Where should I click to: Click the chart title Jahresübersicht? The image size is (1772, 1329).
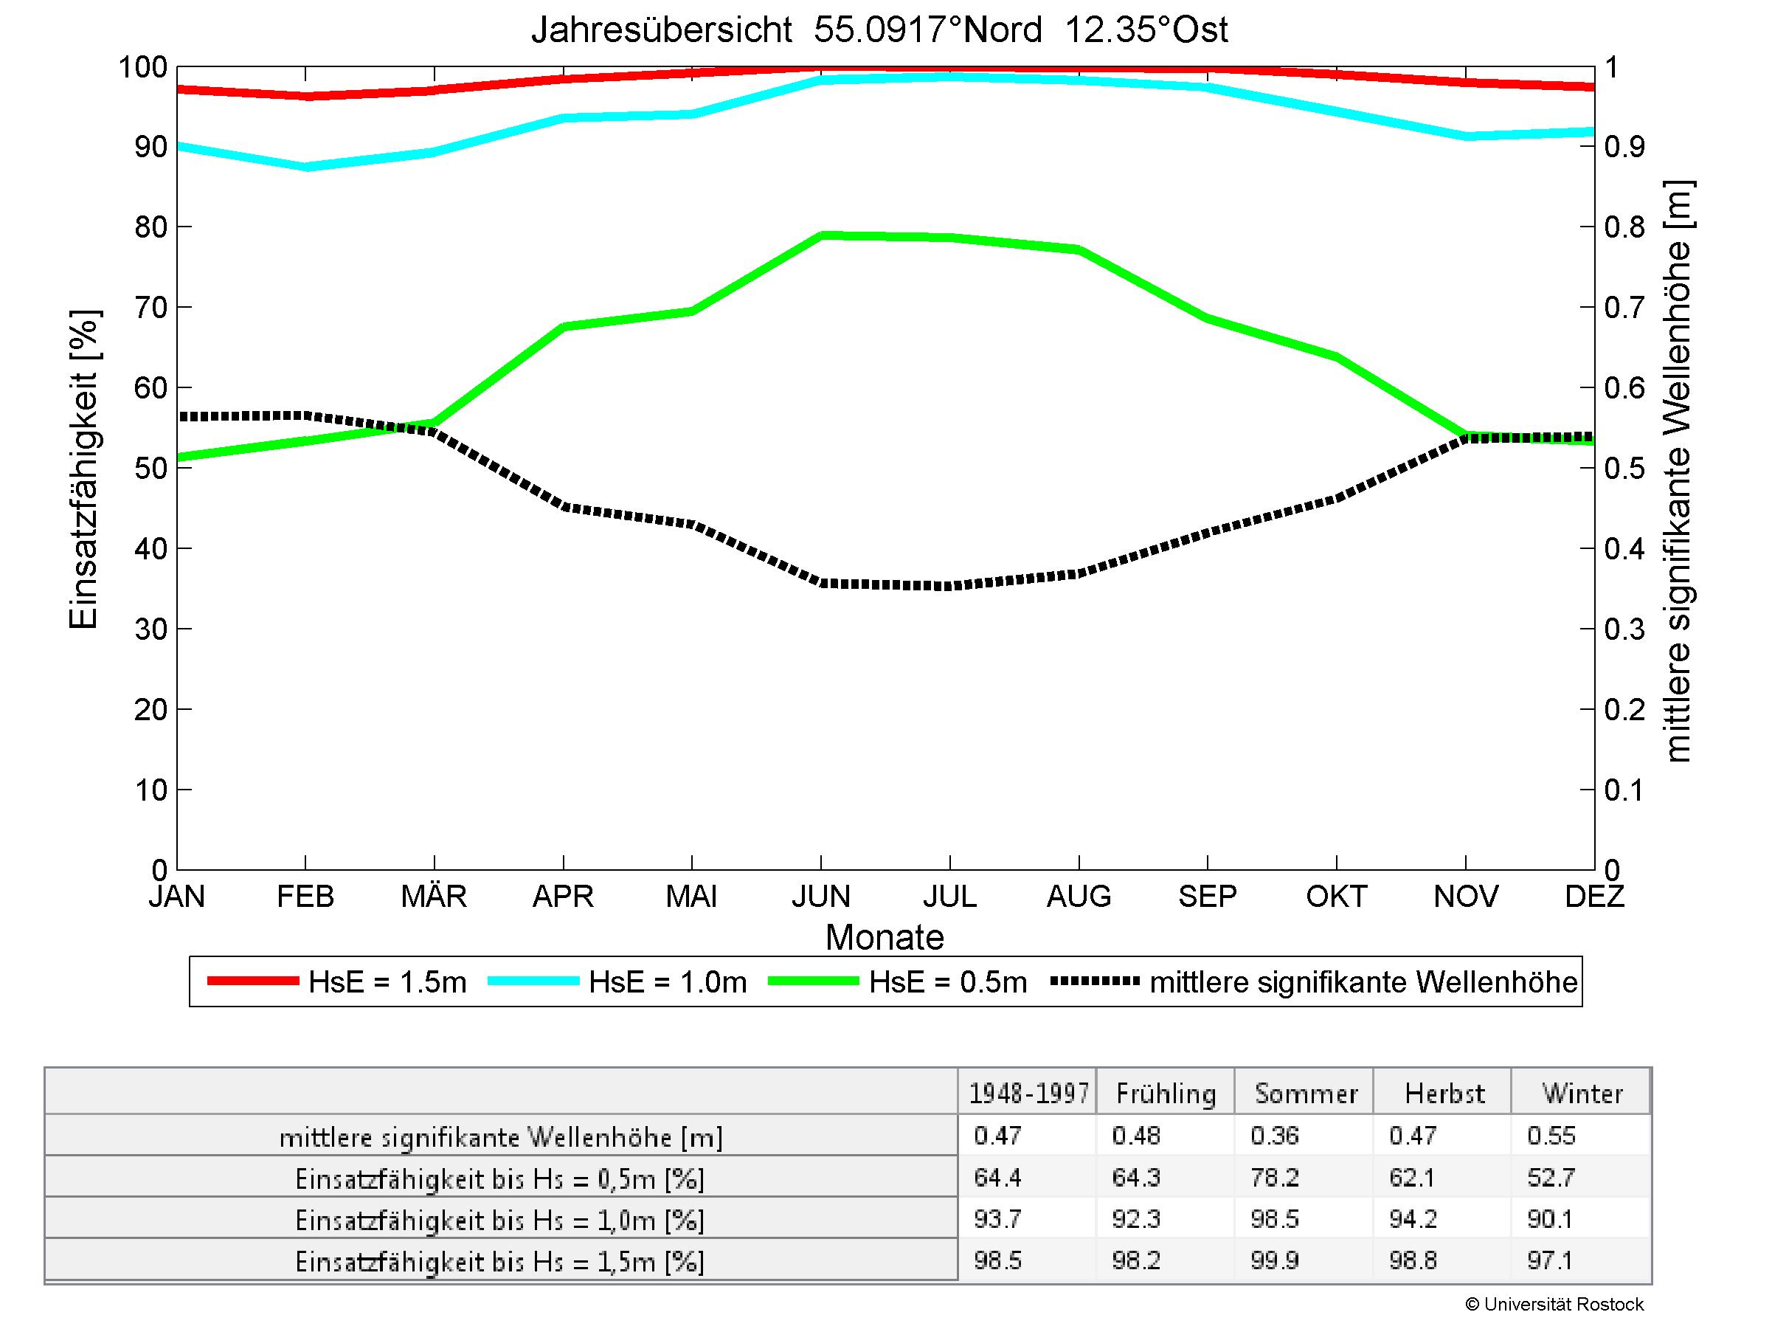[879, 30]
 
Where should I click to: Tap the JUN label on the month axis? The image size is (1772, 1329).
[820, 896]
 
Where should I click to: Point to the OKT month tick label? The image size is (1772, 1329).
[1335, 896]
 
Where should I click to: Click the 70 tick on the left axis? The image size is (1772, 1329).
[150, 308]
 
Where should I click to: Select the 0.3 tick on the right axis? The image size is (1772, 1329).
[1624, 629]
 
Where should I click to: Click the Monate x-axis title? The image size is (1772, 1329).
[885, 937]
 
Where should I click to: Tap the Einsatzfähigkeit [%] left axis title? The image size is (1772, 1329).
[83, 469]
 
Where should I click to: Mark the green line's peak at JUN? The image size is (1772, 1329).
[822, 235]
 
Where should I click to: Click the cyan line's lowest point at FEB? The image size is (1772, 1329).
[306, 167]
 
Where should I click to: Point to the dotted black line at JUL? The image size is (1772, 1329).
[950, 586]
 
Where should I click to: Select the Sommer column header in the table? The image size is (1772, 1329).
[1306, 1094]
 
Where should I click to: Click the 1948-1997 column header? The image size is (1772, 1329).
[1028, 1094]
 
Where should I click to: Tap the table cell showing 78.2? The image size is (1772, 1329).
[1274, 1178]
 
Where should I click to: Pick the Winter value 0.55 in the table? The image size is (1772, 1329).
[1551, 1136]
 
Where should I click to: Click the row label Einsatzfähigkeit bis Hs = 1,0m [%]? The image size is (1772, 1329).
[500, 1220]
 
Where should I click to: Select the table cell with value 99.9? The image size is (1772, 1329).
[1274, 1261]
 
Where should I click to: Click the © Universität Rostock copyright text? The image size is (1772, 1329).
[1554, 1304]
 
